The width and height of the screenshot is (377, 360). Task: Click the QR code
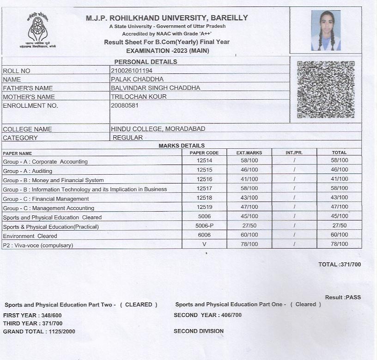[326, 89]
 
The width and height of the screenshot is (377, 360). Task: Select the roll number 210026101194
[132, 71]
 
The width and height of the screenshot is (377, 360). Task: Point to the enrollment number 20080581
[125, 105]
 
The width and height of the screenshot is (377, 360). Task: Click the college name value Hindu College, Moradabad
[158, 129]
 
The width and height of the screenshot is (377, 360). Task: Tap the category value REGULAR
[128, 137]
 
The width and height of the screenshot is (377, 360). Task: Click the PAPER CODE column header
[204, 153]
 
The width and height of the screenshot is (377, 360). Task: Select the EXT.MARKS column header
[249, 153]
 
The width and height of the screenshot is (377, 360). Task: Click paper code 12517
[204, 189]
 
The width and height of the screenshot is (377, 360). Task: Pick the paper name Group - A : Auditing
[28, 171]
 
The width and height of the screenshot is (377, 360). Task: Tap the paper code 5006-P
[204, 226]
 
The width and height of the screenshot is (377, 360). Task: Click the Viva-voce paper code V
[204, 244]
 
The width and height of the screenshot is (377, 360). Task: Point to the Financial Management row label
[46, 199]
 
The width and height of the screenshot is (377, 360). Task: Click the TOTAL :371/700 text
[340, 264]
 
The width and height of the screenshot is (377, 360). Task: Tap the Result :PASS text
[343, 297]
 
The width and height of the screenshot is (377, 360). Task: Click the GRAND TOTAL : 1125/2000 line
[39, 331]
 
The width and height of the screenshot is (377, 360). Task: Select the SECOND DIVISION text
[199, 331]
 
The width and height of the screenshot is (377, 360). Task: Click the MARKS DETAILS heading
[182, 146]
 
